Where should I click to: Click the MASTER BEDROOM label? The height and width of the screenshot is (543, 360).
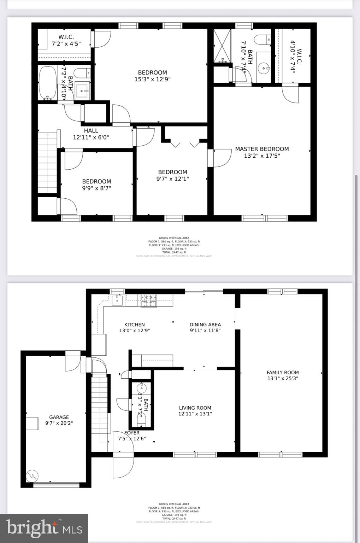262,149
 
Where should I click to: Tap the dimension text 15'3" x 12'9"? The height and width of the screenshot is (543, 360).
152,79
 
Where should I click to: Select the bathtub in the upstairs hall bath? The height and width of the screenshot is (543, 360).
48,83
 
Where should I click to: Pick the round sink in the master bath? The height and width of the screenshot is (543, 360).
263,68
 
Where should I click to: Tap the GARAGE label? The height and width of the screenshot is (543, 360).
59,417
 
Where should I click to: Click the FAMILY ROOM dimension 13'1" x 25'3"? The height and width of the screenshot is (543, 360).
283,378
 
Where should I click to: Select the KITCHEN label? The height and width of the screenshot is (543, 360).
134,325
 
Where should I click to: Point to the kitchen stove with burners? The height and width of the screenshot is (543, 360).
149,301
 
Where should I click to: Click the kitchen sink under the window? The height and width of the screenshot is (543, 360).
117,300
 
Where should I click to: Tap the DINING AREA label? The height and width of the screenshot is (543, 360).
205,325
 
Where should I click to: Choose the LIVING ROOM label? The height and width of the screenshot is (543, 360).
195,408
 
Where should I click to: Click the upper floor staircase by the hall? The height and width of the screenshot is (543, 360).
47,163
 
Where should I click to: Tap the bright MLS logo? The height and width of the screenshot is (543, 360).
44,528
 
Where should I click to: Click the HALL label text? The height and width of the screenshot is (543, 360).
91,131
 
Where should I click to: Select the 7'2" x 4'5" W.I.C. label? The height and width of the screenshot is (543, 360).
66,44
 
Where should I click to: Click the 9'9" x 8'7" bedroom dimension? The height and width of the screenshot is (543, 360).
96,188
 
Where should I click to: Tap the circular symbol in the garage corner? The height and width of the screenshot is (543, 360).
32,476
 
